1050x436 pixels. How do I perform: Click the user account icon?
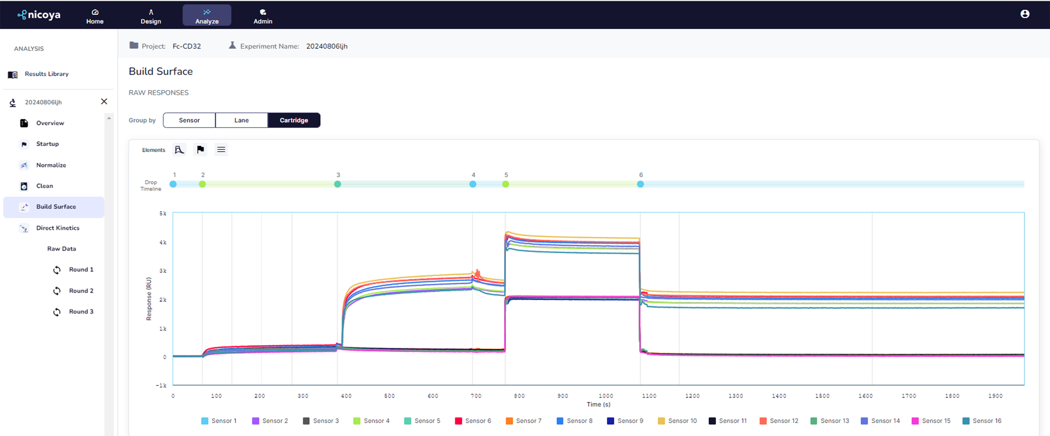click(x=1025, y=14)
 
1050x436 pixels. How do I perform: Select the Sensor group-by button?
click(x=189, y=120)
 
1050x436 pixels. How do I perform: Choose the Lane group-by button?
click(x=241, y=120)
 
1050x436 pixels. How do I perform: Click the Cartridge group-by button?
click(x=294, y=120)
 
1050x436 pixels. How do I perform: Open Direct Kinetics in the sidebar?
click(x=57, y=228)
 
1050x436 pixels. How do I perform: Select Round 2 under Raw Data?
click(x=81, y=291)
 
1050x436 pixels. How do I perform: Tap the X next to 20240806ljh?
click(x=104, y=101)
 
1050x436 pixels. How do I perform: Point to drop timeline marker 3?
click(x=337, y=184)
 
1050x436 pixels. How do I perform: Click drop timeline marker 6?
click(x=640, y=184)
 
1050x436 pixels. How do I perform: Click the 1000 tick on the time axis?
click(x=606, y=396)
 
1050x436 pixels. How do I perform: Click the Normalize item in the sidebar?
click(x=51, y=165)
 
